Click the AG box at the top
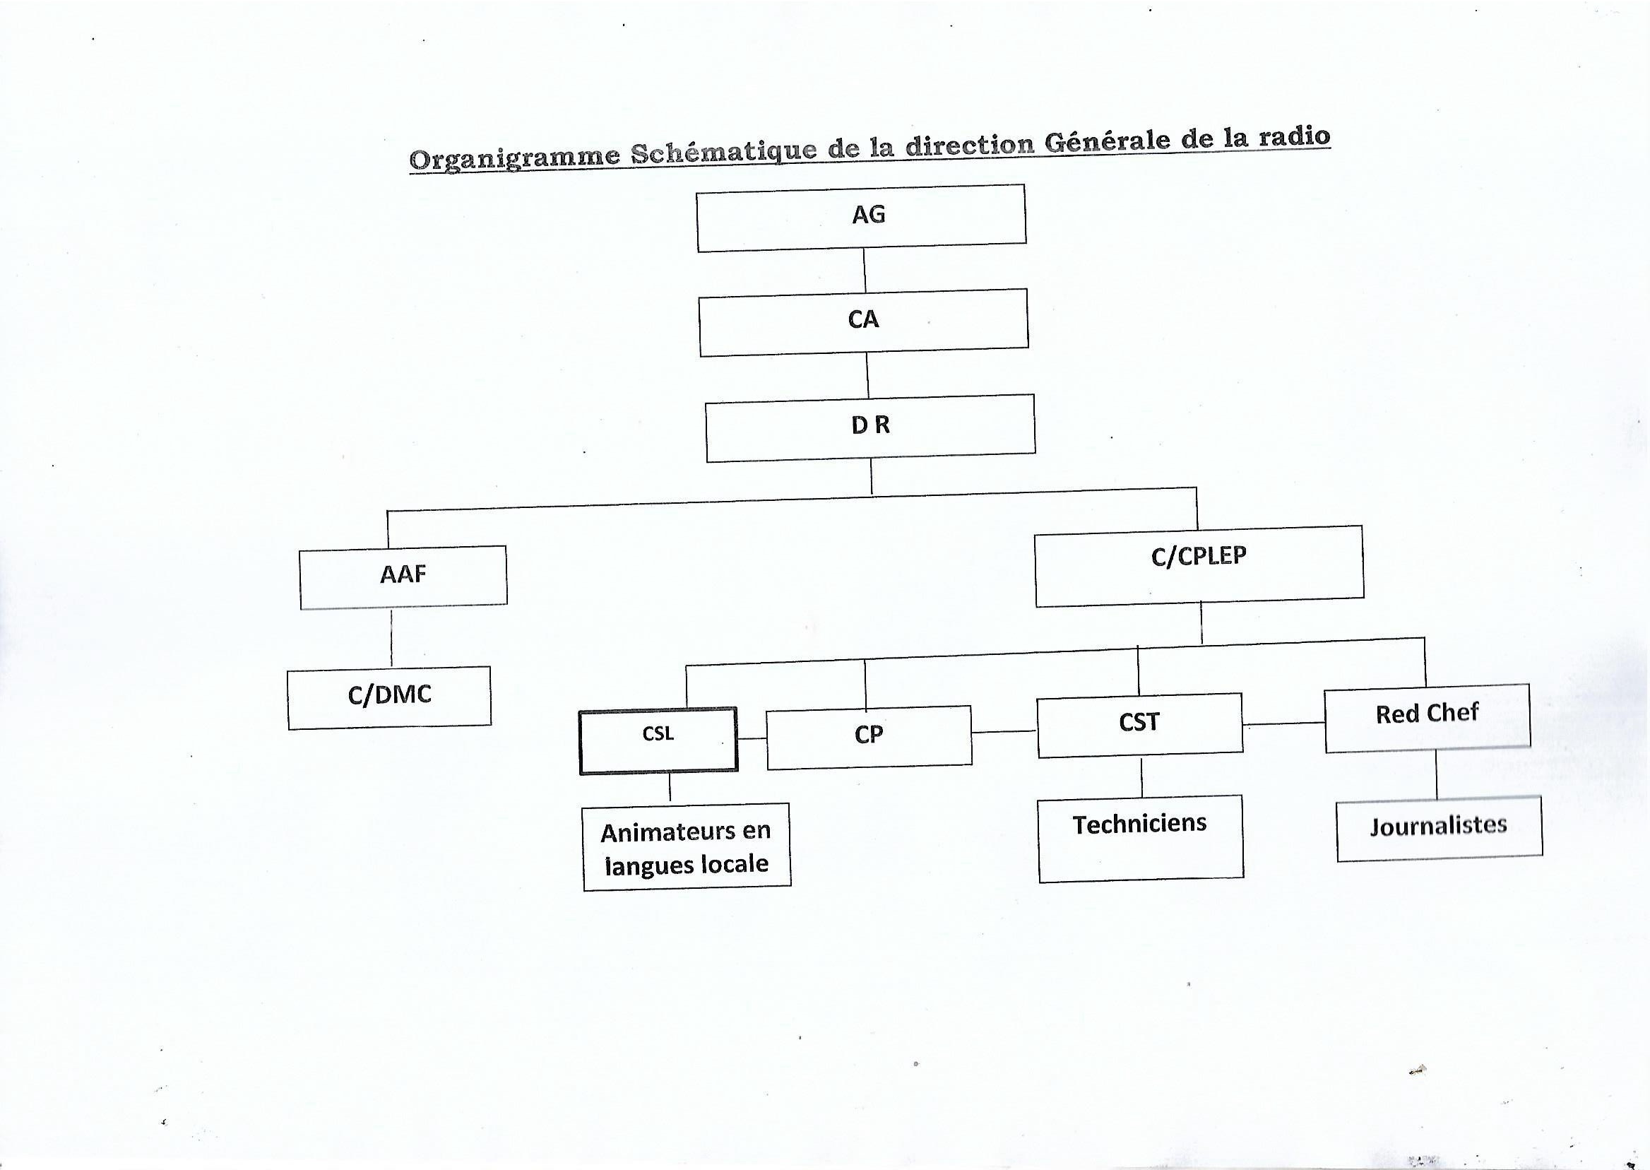[x=861, y=218]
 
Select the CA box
[x=864, y=322]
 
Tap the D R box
[x=870, y=427]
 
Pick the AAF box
[x=403, y=577]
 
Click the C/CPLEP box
[x=1199, y=565]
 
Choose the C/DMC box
[x=389, y=697]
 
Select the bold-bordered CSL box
[x=658, y=740]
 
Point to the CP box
[x=869, y=737]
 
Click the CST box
[x=1140, y=726]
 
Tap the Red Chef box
[x=1428, y=718]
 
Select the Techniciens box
[x=1141, y=839]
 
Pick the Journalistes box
[x=1439, y=829]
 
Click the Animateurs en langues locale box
[x=687, y=846]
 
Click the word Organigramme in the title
[x=515, y=156]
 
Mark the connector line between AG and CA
[x=865, y=270]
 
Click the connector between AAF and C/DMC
[x=392, y=637]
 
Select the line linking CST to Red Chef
[x=1284, y=724]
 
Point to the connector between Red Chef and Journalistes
[x=1437, y=774]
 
